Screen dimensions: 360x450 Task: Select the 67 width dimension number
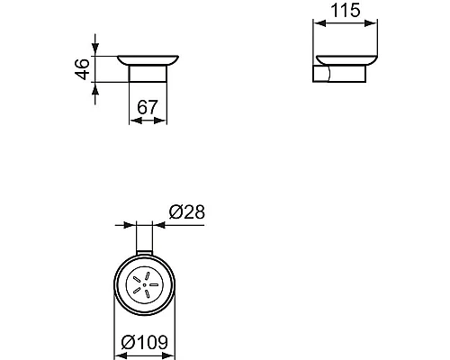click(x=148, y=107)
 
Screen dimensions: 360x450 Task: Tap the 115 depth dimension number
click(x=346, y=12)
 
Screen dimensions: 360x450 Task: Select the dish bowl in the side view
click(x=347, y=60)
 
